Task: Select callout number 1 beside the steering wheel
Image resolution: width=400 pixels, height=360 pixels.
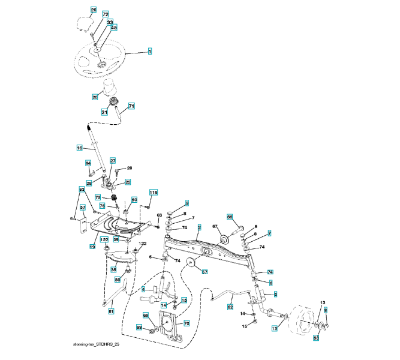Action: pos(149,52)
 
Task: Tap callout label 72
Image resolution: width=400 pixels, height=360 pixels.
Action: pos(106,14)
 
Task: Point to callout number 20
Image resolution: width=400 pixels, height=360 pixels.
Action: pos(95,97)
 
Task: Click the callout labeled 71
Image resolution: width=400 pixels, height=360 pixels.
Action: pos(131,106)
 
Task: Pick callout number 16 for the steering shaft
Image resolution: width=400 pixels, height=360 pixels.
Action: pos(79,147)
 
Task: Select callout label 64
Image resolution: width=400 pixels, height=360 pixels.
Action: pos(88,163)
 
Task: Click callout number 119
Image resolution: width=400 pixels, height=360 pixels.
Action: pos(153,192)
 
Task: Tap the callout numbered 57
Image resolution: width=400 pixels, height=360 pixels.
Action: pos(83,208)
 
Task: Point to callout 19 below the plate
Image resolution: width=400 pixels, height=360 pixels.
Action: pos(92,246)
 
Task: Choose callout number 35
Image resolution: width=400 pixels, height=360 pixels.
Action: pos(113,270)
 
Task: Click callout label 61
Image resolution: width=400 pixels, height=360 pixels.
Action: pos(110,310)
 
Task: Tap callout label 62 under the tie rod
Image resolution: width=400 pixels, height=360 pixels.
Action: pos(230,307)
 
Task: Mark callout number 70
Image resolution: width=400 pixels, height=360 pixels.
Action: pos(187,323)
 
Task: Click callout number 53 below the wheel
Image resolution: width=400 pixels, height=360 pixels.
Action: pos(316,338)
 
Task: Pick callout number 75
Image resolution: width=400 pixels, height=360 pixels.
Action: pos(97,197)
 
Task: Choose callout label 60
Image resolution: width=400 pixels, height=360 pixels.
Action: pos(134,199)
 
